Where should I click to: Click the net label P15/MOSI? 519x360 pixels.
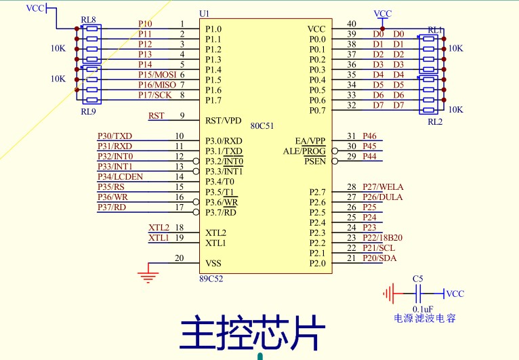157,74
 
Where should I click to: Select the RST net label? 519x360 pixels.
156,115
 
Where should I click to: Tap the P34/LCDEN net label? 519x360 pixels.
120,176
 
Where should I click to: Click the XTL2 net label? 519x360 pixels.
159,227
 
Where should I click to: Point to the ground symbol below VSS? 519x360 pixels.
148,275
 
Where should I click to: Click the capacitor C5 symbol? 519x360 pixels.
418,294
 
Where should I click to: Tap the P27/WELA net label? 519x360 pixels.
383,186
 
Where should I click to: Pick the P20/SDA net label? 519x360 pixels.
379,258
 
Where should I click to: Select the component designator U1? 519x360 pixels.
204,14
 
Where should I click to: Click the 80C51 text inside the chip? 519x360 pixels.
262,126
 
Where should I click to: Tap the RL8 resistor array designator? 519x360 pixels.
88,20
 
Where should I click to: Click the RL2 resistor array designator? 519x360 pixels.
434,122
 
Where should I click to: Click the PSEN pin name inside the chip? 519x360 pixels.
314,161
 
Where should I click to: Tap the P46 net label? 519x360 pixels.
369,136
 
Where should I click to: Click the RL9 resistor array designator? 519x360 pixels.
88,111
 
